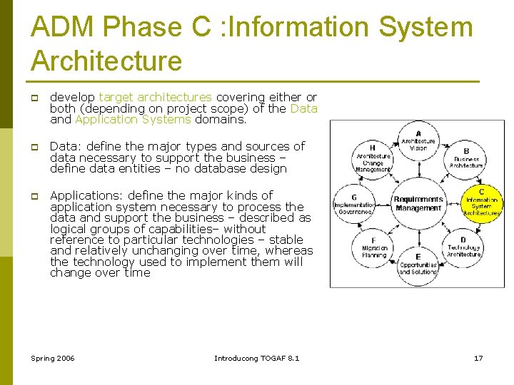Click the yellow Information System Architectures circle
[482, 202]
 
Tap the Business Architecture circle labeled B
[465, 159]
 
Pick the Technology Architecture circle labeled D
[464, 247]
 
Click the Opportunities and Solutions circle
[418, 264]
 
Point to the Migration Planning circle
[373, 247]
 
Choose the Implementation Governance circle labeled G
[354, 203]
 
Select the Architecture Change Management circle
[373, 158]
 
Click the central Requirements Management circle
[418, 203]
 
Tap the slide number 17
[478, 358]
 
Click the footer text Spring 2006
[53, 358]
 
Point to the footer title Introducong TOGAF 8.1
[257, 358]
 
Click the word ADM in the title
[64, 28]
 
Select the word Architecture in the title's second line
[106, 61]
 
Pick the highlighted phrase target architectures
[155, 97]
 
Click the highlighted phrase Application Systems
[133, 120]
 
